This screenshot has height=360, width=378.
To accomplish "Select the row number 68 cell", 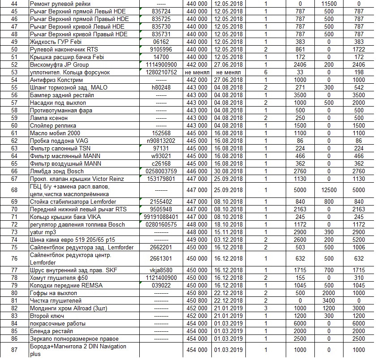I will point(14,189).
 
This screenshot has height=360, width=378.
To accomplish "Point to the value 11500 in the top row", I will point(329,4).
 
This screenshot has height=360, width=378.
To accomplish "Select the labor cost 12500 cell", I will point(329,189).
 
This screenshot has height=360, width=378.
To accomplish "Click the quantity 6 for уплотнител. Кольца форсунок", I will point(266,72).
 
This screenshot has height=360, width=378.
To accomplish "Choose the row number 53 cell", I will point(14,72).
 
